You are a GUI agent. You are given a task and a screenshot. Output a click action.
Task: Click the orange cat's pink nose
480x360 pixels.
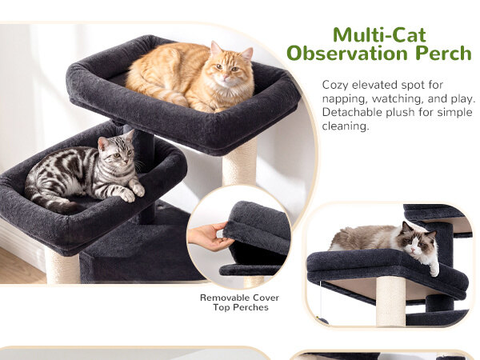click(226, 76)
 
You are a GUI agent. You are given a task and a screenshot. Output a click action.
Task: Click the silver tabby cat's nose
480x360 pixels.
click(126, 160)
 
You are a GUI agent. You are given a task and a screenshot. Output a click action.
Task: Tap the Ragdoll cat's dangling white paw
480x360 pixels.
click(434, 270)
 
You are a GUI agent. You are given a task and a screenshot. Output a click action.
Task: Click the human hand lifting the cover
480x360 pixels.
click(208, 236)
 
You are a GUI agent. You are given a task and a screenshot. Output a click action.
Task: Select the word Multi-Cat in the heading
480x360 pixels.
click(379, 35)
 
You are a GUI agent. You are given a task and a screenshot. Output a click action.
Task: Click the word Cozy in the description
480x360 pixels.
click(335, 85)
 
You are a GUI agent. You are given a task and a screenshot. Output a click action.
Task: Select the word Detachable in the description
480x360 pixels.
click(352, 112)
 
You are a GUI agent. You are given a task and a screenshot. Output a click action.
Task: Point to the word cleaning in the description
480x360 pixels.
click(346, 126)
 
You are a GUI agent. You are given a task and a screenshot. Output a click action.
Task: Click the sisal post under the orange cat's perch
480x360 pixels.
click(239, 163)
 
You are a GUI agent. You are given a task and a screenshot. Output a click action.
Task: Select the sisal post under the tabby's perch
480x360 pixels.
click(62, 266)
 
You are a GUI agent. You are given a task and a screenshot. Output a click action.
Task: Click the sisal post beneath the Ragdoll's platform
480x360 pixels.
click(390, 302)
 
